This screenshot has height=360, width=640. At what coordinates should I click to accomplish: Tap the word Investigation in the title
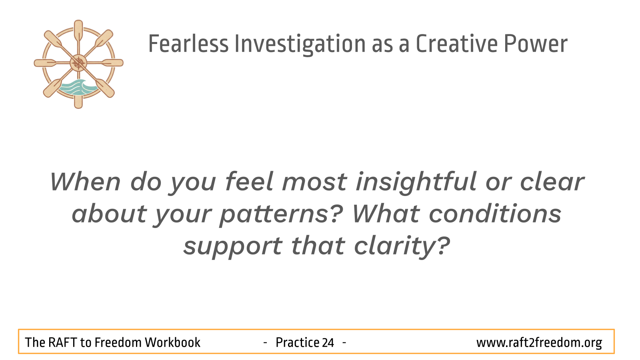pos(300,44)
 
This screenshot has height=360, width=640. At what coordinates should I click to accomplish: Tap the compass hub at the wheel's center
pos(78,63)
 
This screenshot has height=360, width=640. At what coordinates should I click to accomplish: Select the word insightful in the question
pos(416,182)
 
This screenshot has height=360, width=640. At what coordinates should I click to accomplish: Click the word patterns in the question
pos(281,215)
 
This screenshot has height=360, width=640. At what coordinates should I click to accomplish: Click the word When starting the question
pos(86,182)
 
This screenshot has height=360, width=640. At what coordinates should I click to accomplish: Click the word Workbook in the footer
pos(172,342)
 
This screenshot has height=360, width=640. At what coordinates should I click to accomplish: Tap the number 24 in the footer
pos(328,342)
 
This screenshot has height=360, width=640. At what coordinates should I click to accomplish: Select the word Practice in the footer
pos(297,342)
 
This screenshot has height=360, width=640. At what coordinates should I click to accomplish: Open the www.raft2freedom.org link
pos(539,343)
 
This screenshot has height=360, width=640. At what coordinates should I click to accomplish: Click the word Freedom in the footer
pos(118,342)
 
